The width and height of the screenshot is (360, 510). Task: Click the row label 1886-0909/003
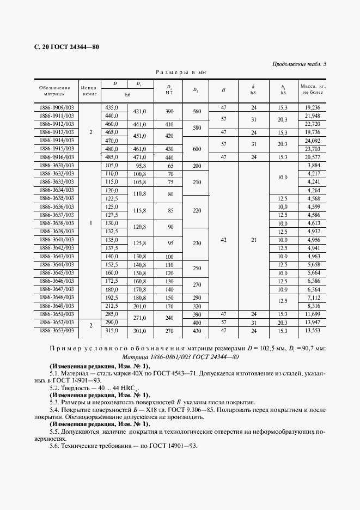point(57,108)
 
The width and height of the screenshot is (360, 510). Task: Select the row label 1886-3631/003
point(57,165)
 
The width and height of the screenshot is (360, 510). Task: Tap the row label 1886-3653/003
point(57,331)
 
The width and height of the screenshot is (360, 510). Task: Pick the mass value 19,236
point(313,108)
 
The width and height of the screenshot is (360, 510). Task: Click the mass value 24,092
point(313,141)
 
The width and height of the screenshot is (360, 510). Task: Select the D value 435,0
point(112,108)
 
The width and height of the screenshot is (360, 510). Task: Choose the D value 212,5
point(112,306)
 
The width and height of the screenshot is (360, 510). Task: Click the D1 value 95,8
point(142,165)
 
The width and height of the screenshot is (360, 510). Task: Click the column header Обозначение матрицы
point(54,90)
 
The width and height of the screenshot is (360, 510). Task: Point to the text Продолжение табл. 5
point(299,64)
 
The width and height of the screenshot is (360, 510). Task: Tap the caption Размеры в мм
point(180,72)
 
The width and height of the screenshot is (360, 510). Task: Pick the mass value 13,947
point(313,323)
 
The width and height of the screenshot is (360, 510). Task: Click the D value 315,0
point(112,331)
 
